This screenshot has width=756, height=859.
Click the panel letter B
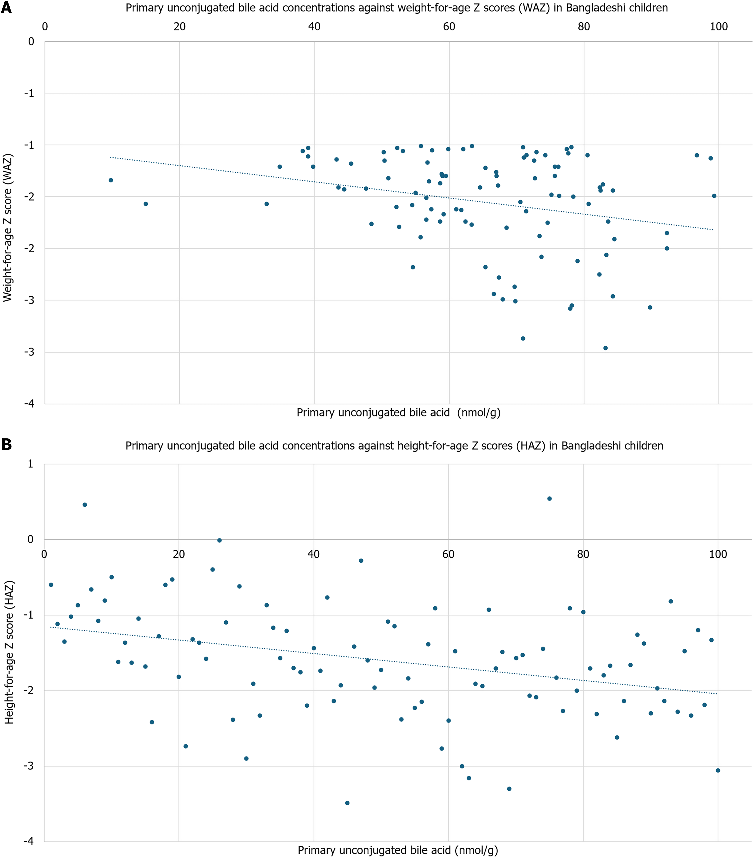(6, 445)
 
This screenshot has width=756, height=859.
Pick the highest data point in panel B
(549, 498)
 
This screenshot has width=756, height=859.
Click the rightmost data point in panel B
(718, 770)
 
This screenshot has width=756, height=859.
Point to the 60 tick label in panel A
(449, 26)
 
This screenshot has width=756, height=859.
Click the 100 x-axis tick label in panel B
(718, 554)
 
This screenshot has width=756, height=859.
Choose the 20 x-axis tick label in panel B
(179, 554)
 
